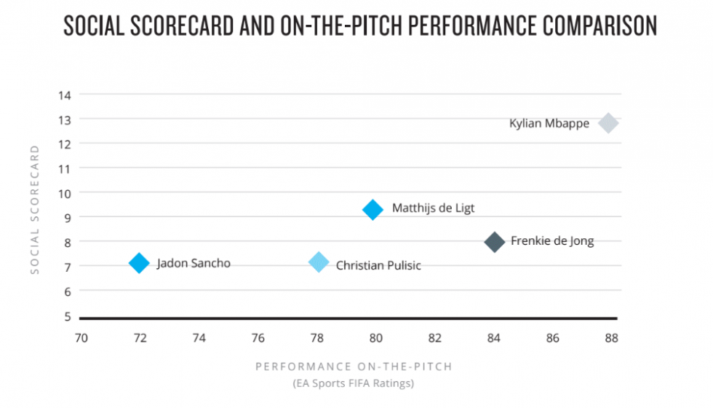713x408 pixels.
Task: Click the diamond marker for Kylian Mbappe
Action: (x=608, y=123)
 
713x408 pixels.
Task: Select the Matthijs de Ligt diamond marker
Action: (x=373, y=210)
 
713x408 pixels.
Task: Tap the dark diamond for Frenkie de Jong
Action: (x=495, y=242)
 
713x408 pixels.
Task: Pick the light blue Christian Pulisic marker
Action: (x=319, y=262)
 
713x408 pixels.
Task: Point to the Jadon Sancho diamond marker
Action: (x=139, y=263)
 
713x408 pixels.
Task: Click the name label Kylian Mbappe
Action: (x=549, y=124)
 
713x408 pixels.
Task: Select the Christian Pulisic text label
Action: (x=378, y=266)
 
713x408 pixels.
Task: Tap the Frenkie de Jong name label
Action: (x=552, y=241)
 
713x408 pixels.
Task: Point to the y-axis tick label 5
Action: (x=67, y=317)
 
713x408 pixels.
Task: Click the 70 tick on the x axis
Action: (x=81, y=338)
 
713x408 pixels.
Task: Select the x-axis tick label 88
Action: (x=611, y=338)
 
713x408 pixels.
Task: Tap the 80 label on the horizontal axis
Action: (x=375, y=338)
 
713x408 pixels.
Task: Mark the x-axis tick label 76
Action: (x=258, y=338)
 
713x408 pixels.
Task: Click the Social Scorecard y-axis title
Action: (x=34, y=209)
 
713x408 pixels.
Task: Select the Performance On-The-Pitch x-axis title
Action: (x=354, y=366)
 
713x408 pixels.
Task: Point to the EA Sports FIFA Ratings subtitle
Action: (x=354, y=383)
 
